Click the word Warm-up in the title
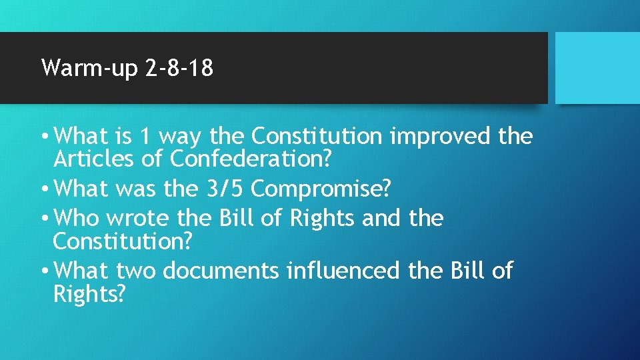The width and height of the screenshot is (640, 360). coord(89,68)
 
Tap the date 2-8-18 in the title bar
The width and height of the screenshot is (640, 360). coord(179,68)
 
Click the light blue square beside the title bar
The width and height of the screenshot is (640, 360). coord(597,68)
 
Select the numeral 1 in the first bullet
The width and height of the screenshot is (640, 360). coord(144,137)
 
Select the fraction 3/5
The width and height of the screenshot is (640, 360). coord(222,189)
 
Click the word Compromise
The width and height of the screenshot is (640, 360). coord(321,190)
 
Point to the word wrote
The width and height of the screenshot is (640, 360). coord(139,218)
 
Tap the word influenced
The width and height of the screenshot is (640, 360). coord(342,271)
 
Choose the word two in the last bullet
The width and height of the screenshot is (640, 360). coord(135,271)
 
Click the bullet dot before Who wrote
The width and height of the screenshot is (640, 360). coord(45,219)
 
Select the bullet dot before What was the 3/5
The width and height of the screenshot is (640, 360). coord(45,189)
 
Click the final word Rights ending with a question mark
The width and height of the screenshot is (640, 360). coord(88,294)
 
